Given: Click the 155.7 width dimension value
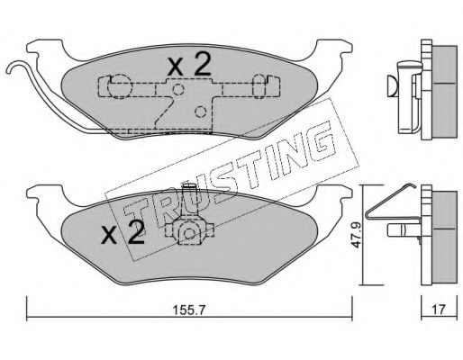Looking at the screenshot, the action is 189,310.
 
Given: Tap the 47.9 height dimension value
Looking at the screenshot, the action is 357,235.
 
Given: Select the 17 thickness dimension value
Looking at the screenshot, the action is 439,310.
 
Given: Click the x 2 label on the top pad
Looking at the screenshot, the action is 189,66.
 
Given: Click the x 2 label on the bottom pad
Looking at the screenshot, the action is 123,233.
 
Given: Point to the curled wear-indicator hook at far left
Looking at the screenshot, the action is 15,67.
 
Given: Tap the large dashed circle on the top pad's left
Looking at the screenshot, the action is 120,86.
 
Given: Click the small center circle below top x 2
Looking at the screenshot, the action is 178,89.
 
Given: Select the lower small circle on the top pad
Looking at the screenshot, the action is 200,112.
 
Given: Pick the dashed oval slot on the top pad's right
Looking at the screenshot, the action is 259,86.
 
